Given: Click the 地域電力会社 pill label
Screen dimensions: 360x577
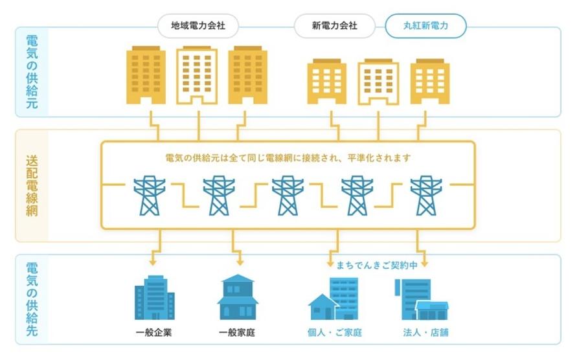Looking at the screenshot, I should [x=198, y=27].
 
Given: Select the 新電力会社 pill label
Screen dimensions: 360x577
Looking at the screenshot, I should [x=334, y=27].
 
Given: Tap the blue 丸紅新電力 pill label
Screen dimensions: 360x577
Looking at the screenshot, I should [x=425, y=27].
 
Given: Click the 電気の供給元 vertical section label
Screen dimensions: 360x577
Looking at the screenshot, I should [x=31, y=72].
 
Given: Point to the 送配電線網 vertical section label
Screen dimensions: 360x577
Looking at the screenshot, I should [x=31, y=186].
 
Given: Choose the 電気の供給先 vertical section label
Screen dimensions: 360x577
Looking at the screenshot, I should [x=31, y=299].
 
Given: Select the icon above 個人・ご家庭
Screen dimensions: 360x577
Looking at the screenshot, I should [x=334, y=300].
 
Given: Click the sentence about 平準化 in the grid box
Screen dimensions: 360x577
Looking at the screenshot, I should [x=288, y=158].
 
